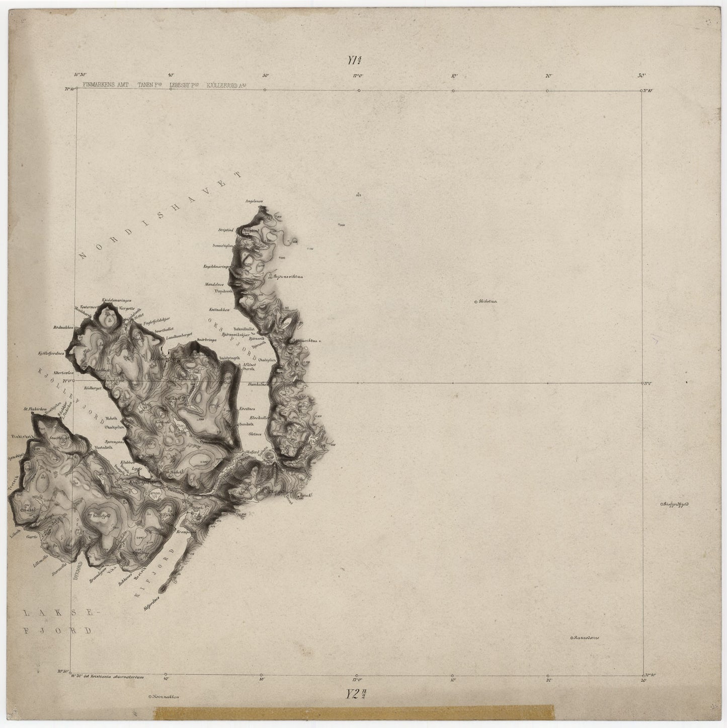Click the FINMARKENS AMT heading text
click(x=106, y=86)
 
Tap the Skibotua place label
click(x=489, y=302)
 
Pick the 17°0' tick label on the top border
click(x=358, y=76)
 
